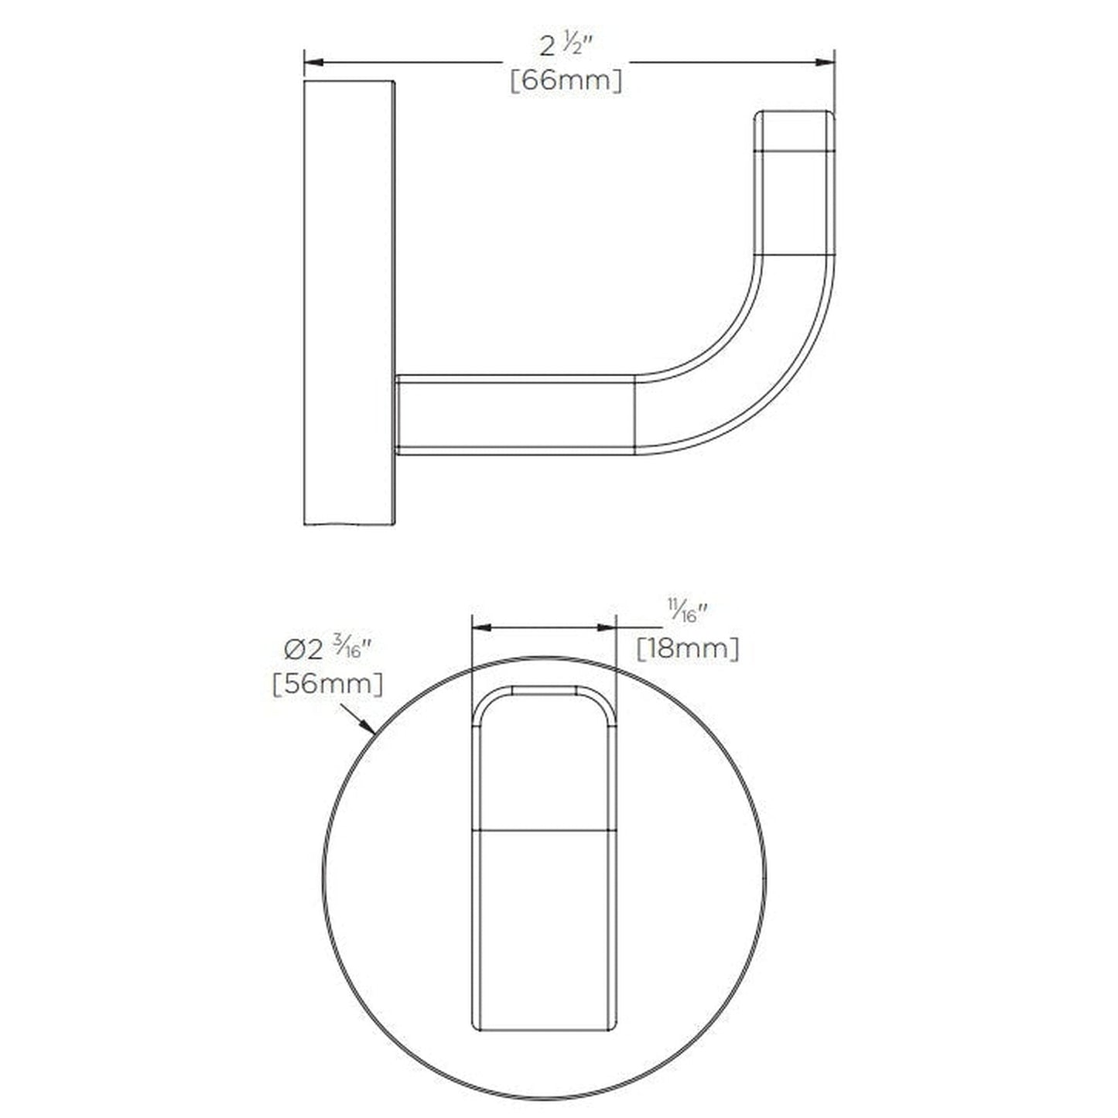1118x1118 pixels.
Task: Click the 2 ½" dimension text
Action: point(566,48)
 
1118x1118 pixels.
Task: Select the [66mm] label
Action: point(566,80)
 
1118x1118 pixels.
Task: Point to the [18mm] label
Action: point(687,648)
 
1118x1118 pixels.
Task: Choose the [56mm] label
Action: point(327,684)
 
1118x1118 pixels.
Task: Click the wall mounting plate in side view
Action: point(348,302)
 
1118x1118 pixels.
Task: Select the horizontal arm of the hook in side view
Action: point(515,415)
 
